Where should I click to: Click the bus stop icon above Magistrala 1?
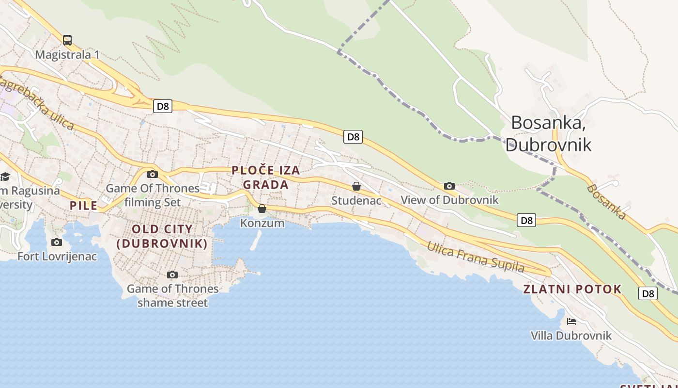[67, 40]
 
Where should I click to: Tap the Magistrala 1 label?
[67, 55]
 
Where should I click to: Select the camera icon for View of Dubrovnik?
[449, 186]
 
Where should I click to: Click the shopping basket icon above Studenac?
[356, 186]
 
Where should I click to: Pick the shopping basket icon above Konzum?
[262, 209]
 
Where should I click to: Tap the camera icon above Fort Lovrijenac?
[57, 242]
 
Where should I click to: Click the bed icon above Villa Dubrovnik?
[571, 321]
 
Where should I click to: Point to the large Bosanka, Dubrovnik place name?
[548, 133]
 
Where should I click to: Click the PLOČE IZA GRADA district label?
[266, 178]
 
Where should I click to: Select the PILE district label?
[84, 206]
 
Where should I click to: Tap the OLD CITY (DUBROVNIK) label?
[162, 236]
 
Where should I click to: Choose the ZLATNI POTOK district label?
[572, 290]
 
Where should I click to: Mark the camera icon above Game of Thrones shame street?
[172, 275]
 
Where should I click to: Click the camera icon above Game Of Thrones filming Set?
[153, 175]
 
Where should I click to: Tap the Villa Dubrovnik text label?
[571, 336]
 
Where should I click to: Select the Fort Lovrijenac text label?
[57, 257]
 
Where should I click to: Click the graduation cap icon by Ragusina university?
[5, 177]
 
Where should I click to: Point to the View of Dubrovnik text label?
[449, 200]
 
